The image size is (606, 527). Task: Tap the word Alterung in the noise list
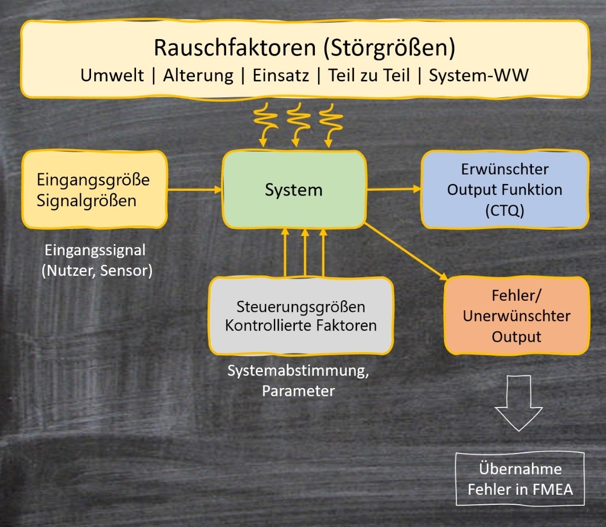click(x=198, y=76)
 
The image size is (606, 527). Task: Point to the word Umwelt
click(x=112, y=76)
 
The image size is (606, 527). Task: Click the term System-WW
click(x=478, y=76)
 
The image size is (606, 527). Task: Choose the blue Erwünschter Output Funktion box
click(x=504, y=189)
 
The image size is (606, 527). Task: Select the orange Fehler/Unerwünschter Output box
click(x=517, y=316)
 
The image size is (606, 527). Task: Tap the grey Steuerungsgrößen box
click(x=301, y=316)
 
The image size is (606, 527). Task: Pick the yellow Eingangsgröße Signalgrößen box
click(x=93, y=190)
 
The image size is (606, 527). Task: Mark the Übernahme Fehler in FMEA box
click(x=520, y=478)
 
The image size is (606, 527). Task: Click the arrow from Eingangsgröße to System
click(x=194, y=190)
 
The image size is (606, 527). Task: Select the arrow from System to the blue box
click(x=393, y=189)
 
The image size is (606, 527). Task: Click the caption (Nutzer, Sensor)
click(x=97, y=271)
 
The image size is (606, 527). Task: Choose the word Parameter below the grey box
click(x=298, y=391)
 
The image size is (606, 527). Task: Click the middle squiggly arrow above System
click(x=295, y=126)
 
